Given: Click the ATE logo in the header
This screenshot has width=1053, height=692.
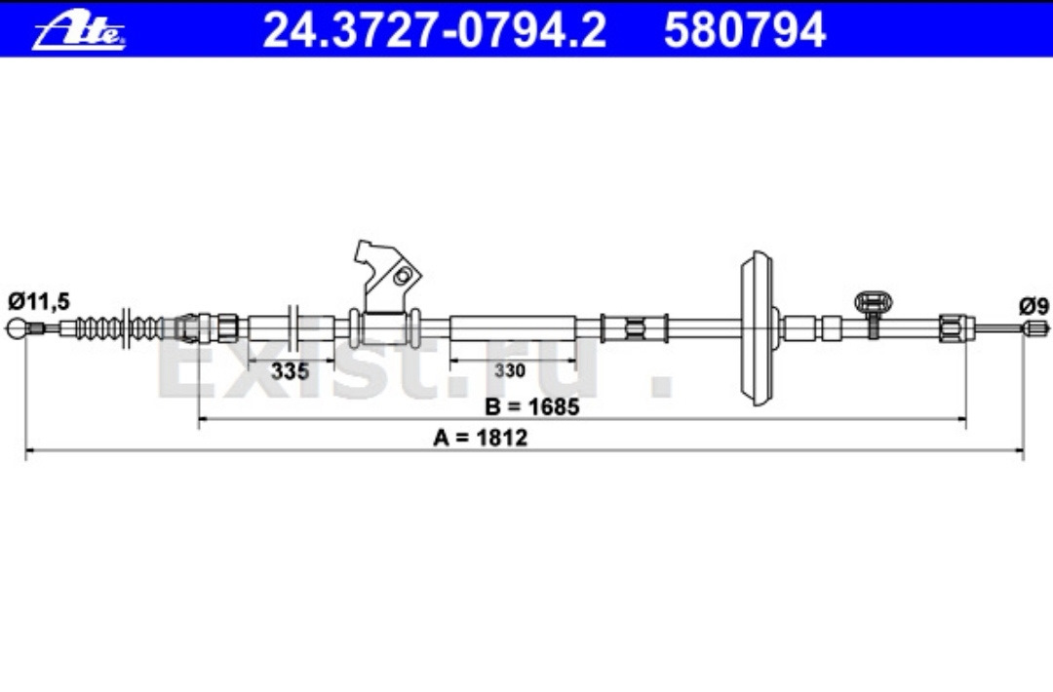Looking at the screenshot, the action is click(79, 31).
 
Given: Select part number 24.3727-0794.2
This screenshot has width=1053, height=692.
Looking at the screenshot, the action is click(435, 30).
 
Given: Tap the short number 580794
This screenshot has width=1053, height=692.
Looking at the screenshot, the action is click(745, 30).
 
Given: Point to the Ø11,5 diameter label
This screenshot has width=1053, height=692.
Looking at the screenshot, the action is click(39, 301).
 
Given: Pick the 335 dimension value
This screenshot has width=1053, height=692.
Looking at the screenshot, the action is click(291, 370).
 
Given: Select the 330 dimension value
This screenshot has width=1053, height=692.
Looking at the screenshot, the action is click(510, 370).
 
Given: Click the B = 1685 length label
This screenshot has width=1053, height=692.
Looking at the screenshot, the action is click(532, 406).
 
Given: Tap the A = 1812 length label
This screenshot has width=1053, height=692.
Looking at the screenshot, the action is click(480, 438).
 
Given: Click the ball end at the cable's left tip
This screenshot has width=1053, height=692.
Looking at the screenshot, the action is click(17, 328).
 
